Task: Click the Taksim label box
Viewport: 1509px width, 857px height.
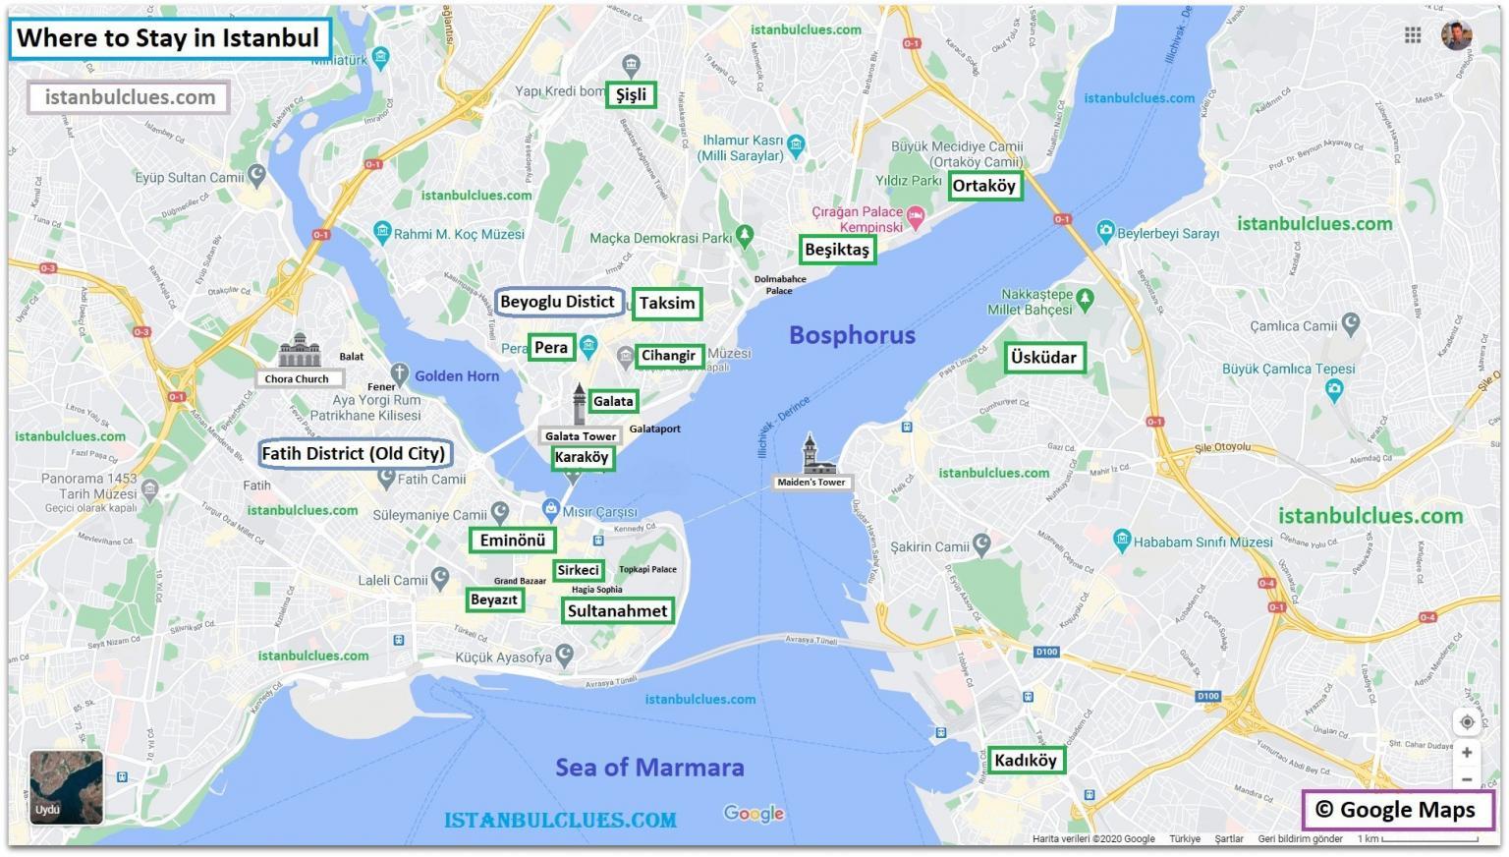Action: click(667, 303)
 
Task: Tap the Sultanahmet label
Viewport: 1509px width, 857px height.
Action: click(617, 610)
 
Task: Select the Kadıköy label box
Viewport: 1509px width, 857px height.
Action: click(1025, 760)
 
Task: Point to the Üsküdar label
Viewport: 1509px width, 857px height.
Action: click(1043, 358)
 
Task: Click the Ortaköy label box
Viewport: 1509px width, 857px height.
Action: click(984, 186)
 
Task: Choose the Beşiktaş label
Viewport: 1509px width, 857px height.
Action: click(837, 250)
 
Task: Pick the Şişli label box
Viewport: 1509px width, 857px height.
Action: click(631, 94)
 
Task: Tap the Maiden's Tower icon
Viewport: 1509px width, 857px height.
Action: click(811, 455)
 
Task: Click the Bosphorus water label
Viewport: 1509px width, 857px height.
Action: click(852, 335)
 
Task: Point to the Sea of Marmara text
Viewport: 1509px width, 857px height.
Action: click(649, 768)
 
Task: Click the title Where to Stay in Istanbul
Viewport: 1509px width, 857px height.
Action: click(168, 38)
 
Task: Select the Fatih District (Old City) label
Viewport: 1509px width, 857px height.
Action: click(354, 454)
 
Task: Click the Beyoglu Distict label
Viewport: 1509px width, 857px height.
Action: click(557, 302)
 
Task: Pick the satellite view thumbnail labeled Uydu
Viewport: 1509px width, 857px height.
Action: click(66, 787)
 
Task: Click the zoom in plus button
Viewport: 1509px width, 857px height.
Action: click(1466, 753)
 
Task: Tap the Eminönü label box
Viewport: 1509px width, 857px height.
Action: click(512, 541)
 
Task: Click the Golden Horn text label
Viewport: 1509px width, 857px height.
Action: click(457, 375)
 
